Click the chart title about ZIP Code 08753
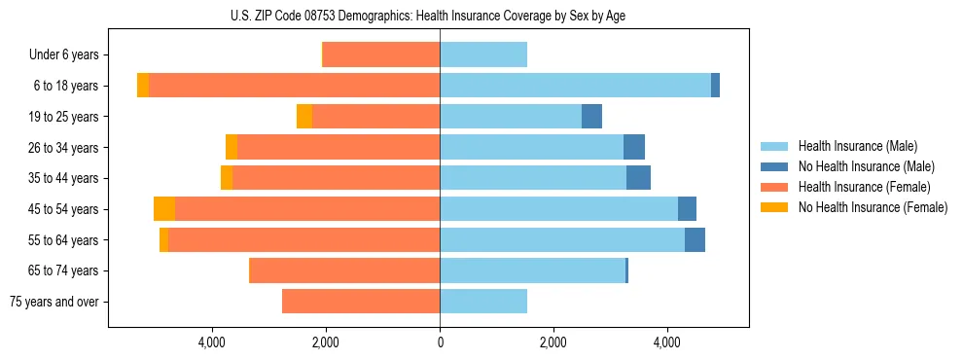click(x=440, y=15)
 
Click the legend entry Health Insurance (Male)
click(x=857, y=146)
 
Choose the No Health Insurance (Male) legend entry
click(x=866, y=166)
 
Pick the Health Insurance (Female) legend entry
click(x=864, y=187)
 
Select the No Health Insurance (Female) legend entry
click(x=873, y=207)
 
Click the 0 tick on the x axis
click(x=440, y=342)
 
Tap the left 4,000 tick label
click(x=211, y=342)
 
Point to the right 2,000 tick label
click(x=553, y=342)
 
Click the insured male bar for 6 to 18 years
click(x=575, y=86)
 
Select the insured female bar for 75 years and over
click(x=361, y=302)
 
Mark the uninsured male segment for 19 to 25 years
click(x=591, y=117)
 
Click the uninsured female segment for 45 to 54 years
click(x=164, y=209)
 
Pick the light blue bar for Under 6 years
click(x=483, y=55)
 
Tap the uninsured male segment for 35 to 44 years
click(x=638, y=178)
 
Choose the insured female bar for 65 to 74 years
click(x=345, y=270)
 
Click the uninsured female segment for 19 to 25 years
click(x=304, y=117)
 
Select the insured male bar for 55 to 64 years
click(x=562, y=240)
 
